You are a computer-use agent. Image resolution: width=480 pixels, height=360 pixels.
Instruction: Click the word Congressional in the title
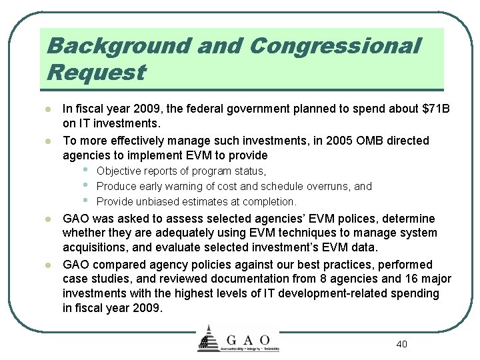[x=335, y=46]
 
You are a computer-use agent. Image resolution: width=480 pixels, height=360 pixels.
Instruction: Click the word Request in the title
[x=96, y=71]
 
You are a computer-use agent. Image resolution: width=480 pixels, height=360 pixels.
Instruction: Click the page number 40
[x=401, y=344]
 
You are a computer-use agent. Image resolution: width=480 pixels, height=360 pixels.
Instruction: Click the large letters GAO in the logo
[x=247, y=339]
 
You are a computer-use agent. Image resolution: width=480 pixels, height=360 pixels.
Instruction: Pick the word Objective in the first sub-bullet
[x=121, y=171]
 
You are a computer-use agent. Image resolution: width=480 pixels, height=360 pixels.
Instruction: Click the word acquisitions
[x=94, y=247]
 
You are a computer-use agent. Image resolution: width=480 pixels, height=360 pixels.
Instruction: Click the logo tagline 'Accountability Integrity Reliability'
[x=247, y=349]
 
